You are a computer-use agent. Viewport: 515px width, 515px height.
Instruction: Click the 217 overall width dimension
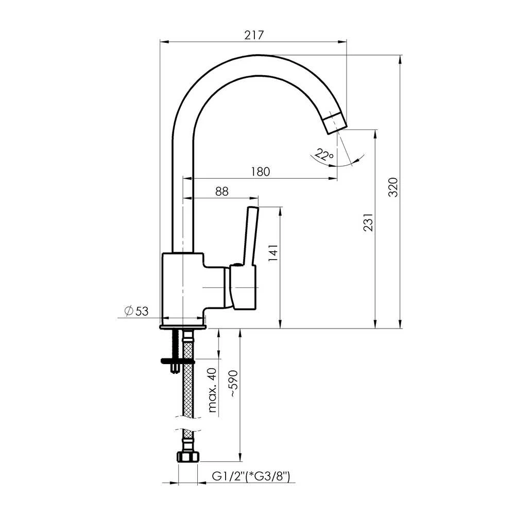(x=254, y=35)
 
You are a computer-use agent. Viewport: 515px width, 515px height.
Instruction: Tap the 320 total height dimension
(x=393, y=187)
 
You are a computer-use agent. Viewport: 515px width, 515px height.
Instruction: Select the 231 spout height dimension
(x=369, y=222)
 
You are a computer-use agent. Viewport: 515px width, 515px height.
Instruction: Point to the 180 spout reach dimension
(x=261, y=171)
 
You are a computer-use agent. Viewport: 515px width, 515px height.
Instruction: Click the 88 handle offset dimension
(x=221, y=191)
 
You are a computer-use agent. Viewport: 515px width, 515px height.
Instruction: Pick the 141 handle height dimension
(x=273, y=252)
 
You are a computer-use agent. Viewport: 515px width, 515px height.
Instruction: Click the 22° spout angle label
(x=324, y=154)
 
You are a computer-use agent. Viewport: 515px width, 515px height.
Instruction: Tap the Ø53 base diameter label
(x=136, y=311)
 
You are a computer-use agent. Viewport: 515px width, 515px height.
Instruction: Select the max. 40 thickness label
(x=213, y=390)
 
